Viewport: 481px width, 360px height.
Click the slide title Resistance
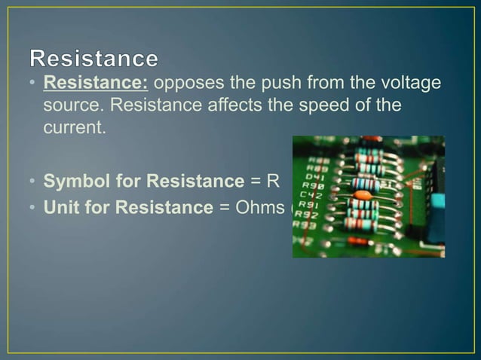click(x=94, y=58)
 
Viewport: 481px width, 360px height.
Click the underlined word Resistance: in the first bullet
click(x=95, y=81)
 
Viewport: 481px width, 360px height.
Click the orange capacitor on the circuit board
click(x=363, y=194)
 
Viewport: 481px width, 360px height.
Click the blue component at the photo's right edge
click(x=437, y=201)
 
